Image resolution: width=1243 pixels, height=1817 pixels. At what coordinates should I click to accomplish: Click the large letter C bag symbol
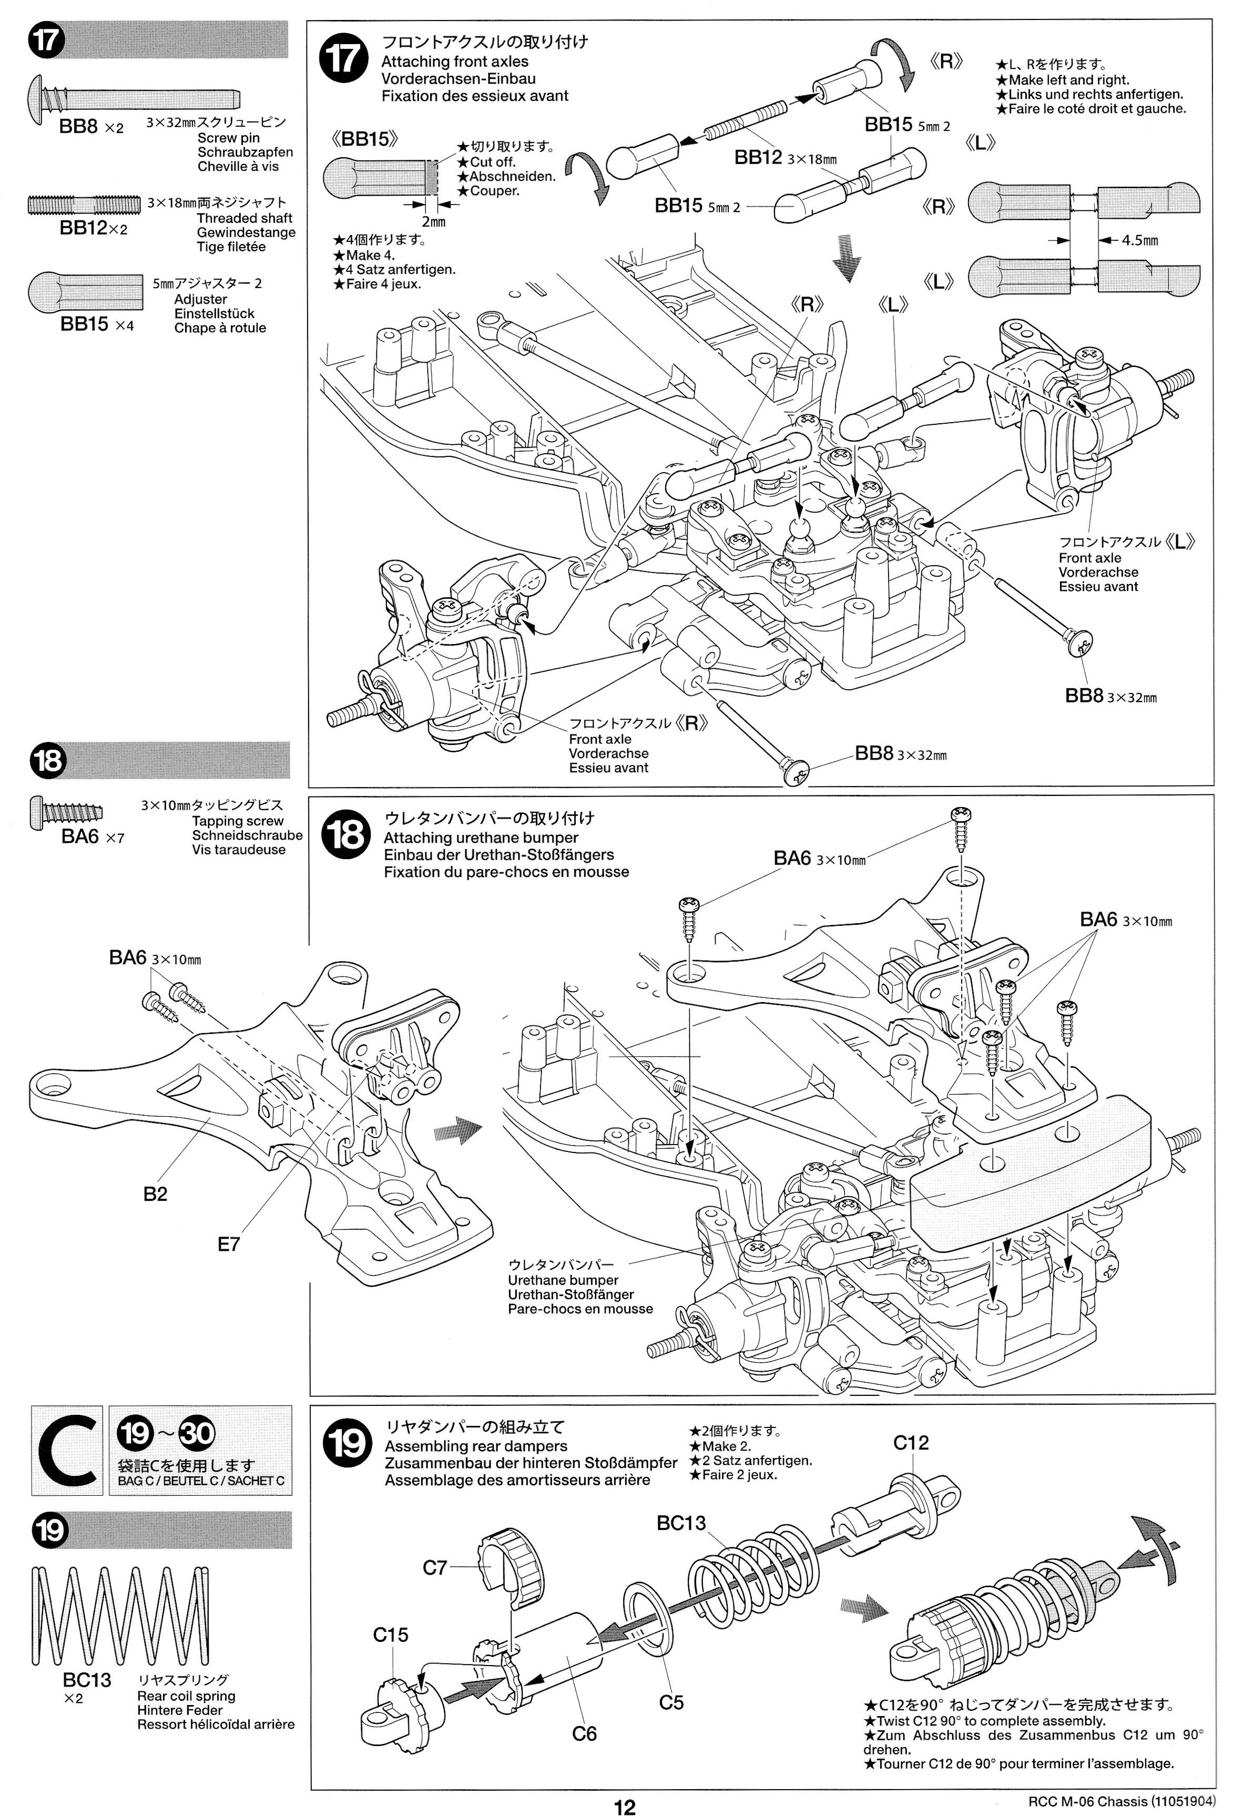[66, 1451]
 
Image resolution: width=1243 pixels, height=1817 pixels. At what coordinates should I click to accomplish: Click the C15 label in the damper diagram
[390, 1634]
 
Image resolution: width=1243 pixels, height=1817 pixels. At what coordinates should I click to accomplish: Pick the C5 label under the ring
[671, 1701]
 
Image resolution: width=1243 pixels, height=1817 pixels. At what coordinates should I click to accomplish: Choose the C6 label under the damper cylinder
[584, 1733]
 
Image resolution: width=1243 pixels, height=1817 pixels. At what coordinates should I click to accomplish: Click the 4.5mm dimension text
[1140, 240]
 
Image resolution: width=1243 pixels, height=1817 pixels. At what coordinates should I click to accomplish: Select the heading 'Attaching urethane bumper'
[481, 838]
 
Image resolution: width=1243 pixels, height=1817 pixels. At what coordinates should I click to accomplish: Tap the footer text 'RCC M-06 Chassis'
[1087, 1801]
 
